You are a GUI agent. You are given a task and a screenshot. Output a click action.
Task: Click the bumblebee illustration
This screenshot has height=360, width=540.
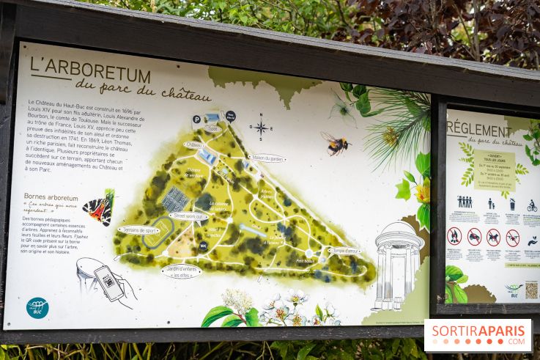336,143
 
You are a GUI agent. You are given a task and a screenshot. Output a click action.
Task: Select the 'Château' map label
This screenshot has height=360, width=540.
194,145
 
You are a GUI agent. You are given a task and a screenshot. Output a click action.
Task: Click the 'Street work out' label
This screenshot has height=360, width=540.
188,216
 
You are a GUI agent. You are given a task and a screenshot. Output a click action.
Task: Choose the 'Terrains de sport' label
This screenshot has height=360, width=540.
138,230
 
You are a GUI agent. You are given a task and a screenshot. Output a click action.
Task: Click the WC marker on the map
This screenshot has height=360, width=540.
203,246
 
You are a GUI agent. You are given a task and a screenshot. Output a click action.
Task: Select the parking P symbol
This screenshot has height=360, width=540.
196,119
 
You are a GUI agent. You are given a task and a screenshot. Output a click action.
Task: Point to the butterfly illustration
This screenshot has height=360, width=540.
100,207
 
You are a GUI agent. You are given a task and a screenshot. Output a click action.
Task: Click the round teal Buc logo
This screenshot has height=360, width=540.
37,308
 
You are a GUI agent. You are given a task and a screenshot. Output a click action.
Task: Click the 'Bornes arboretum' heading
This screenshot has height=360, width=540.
51,196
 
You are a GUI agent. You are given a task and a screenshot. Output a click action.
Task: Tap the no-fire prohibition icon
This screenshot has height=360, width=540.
455,236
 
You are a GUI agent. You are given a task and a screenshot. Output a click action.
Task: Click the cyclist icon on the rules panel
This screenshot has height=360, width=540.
532,206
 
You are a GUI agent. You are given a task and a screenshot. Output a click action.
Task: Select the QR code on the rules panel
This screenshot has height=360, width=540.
531,290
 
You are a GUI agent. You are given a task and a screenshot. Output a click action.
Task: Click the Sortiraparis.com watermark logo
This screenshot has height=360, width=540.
478,335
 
